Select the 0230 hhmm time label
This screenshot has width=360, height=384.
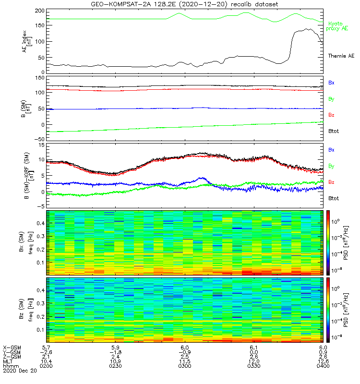115,366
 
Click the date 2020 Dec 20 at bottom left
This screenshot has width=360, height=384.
16,371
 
